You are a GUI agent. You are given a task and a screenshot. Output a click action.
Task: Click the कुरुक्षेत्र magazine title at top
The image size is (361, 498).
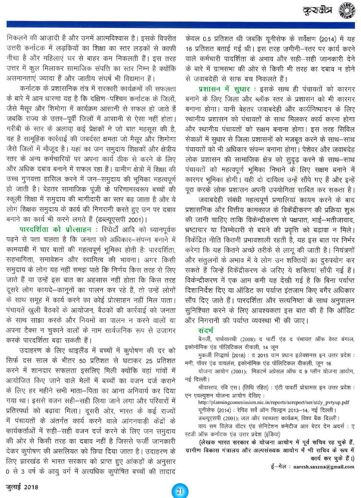tap(317, 10)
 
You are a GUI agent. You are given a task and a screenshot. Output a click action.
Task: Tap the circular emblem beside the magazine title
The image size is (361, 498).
tap(347, 10)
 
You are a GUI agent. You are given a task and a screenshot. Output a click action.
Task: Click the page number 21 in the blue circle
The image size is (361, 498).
tap(180, 490)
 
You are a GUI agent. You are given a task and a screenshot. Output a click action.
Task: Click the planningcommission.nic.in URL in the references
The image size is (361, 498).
tap(274, 402)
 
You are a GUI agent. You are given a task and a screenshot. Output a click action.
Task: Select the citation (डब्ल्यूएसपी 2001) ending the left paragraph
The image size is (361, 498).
tap(122, 219)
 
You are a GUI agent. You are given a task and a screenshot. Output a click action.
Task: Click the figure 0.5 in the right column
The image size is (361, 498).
tap(207, 39)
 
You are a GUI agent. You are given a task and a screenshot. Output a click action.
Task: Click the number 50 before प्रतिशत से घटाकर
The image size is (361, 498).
tap(82, 361)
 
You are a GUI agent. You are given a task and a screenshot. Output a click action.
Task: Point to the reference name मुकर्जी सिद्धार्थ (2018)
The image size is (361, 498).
tap(222, 355)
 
